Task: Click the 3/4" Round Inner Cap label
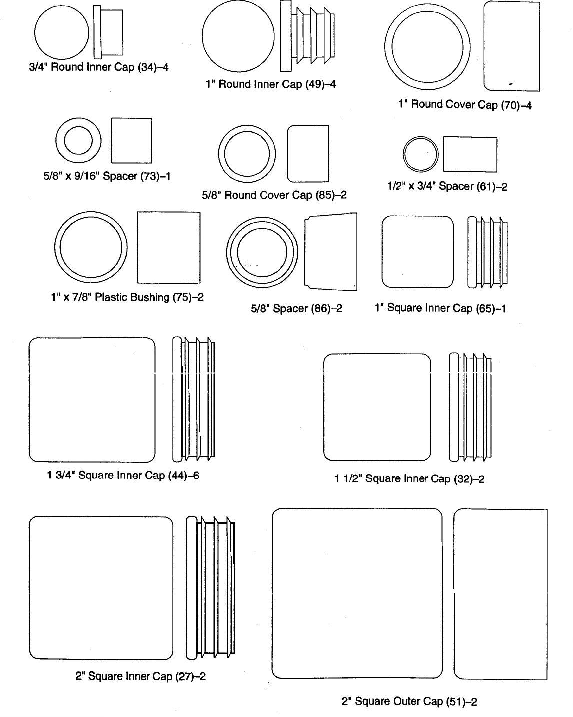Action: pos(98,67)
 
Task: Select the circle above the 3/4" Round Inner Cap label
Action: pos(61,33)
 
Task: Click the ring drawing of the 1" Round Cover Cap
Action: pos(427,47)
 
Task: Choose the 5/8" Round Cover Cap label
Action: pos(274,195)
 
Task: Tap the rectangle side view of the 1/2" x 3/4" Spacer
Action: pos(470,154)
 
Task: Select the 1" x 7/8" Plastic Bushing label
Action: pos(127,298)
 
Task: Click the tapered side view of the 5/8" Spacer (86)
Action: pos(330,251)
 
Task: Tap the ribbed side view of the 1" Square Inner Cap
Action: pos(487,252)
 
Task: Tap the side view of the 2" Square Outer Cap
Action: pos(500,594)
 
